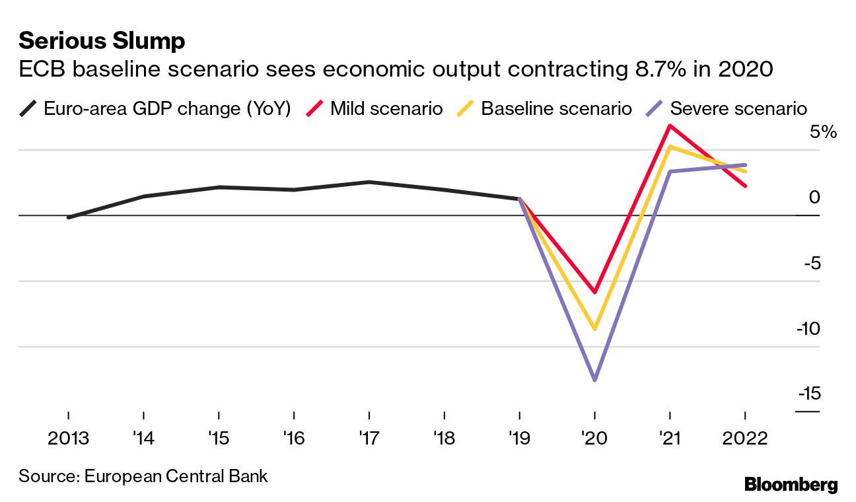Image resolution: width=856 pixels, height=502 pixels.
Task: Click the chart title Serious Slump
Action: tap(102, 41)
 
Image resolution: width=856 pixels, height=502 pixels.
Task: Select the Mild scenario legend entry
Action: tap(386, 108)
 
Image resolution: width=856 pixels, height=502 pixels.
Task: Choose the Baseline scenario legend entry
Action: tap(555, 108)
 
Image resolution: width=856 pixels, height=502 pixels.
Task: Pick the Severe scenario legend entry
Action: tap(738, 108)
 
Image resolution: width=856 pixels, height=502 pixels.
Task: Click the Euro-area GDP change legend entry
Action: tap(166, 108)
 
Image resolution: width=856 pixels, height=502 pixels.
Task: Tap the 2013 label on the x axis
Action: tap(68, 439)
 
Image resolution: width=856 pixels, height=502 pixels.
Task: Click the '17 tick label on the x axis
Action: tap(369, 439)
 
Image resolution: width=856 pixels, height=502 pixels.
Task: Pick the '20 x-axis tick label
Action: tap(594, 439)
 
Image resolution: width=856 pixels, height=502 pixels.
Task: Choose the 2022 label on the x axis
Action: tap(745, 439)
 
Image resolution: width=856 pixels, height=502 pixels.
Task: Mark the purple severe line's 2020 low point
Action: tap(594, 380)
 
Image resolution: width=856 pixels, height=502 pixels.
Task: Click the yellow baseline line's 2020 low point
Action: tap(594, 328)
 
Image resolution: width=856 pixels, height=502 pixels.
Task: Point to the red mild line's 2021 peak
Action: tap(670, 126)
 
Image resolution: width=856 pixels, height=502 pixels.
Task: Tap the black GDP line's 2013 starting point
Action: tap(69, 217)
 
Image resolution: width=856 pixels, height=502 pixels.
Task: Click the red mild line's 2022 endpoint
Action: tap(745, 186)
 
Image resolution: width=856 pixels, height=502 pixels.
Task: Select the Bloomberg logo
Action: tap(791, 485)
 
